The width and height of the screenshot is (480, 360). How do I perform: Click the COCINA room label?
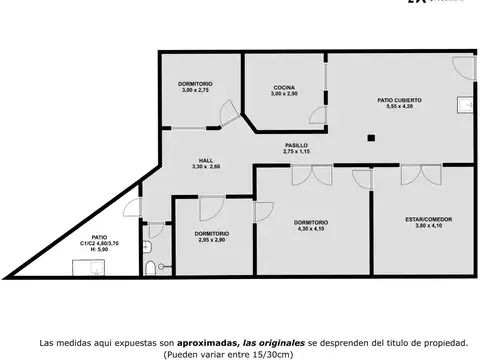[283, 88]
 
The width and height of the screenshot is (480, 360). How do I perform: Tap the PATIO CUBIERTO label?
[398, 100]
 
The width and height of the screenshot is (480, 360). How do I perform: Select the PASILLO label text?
[295, 145]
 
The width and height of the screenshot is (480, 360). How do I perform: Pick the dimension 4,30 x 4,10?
[310, 228]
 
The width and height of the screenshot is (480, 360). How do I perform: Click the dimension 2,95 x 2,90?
[211, 240]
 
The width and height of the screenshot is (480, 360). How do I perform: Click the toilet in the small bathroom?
[150, 269]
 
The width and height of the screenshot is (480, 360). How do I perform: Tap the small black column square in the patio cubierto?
[369, 138]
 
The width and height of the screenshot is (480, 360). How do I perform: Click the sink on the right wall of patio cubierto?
[463, 103]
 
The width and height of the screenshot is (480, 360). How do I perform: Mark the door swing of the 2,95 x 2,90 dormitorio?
[211, 210]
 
